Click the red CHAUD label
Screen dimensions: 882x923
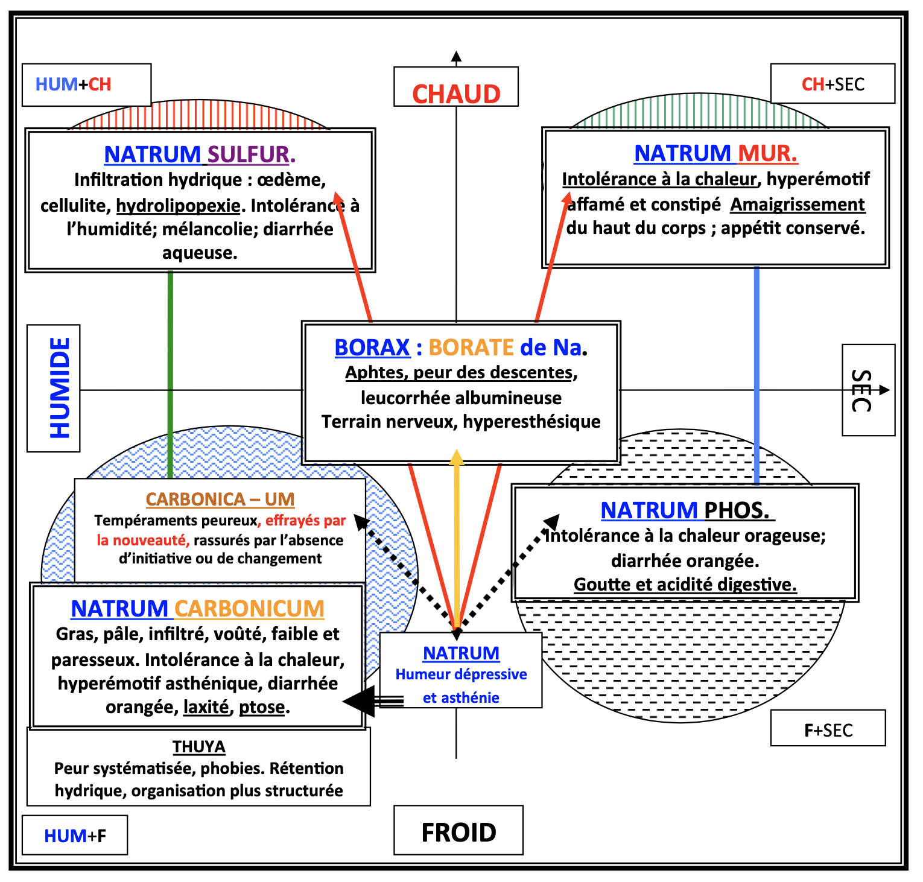[456, 94]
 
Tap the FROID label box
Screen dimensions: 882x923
[458, 832]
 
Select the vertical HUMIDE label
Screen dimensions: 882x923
[60, 388]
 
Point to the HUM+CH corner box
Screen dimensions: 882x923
[74, 84]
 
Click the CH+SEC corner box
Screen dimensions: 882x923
[833, 84]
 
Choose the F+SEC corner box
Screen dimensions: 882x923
[828, 730]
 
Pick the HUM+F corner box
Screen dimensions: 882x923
[75, 836]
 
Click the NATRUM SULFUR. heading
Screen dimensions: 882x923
[200, 154]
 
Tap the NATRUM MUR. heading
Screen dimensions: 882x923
[716, 153]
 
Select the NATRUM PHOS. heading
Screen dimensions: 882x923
[686, 510]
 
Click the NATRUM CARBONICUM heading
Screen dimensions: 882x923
[198, 609]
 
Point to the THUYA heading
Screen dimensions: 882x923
[198, 747]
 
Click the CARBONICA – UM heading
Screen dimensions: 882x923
[220, 500]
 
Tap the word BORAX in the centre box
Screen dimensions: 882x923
[372, 347]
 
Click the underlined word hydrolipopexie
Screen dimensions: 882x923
[178, 206]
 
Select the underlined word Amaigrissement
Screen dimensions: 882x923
[798, 205]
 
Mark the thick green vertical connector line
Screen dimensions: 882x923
[170, 374]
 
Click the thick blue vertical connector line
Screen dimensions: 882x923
[756, 374]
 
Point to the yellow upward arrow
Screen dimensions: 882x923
[457, 537]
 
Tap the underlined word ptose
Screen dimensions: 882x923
[262, 707]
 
